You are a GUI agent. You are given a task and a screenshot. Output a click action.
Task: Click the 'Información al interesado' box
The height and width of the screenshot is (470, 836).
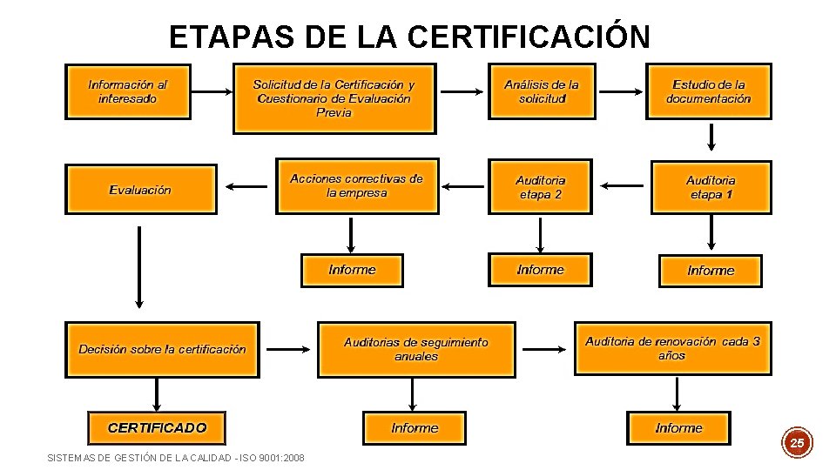127,91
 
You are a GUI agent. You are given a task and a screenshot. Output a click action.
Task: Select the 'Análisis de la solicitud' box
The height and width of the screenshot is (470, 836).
542,91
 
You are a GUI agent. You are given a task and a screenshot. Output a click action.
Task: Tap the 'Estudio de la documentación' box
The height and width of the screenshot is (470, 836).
708,91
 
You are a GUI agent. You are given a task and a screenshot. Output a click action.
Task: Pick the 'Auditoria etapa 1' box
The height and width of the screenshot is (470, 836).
711,187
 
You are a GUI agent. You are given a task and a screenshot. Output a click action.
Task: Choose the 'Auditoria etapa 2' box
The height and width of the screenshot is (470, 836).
540,187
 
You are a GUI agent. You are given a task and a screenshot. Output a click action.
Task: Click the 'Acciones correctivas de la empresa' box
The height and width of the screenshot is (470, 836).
357,186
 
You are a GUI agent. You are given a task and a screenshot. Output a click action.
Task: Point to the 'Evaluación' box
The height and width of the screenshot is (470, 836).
141,189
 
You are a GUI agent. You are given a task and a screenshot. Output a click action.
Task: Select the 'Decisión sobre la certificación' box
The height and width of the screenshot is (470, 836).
162,349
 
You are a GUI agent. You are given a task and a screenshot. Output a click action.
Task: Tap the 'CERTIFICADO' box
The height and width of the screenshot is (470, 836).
157,427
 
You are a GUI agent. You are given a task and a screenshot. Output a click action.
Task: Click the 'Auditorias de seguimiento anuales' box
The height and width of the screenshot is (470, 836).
415,349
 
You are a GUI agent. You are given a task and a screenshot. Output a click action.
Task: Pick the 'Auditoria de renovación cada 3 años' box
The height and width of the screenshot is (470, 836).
672,348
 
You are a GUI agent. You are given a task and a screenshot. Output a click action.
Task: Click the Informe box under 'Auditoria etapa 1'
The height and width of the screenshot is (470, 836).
711,271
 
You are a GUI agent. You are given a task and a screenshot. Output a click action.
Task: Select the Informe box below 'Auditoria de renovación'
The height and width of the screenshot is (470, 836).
678,428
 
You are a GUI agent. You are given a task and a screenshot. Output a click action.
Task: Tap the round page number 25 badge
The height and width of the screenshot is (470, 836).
797,443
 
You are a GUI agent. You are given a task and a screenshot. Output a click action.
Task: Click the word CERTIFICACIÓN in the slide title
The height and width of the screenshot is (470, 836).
528,37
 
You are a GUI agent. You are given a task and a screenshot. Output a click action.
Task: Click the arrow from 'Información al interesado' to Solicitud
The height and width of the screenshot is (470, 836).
211,92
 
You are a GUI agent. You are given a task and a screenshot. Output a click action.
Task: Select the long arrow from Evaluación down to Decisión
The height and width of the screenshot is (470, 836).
138,266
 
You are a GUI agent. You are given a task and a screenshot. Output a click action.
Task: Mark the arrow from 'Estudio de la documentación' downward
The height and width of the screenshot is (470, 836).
711,137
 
